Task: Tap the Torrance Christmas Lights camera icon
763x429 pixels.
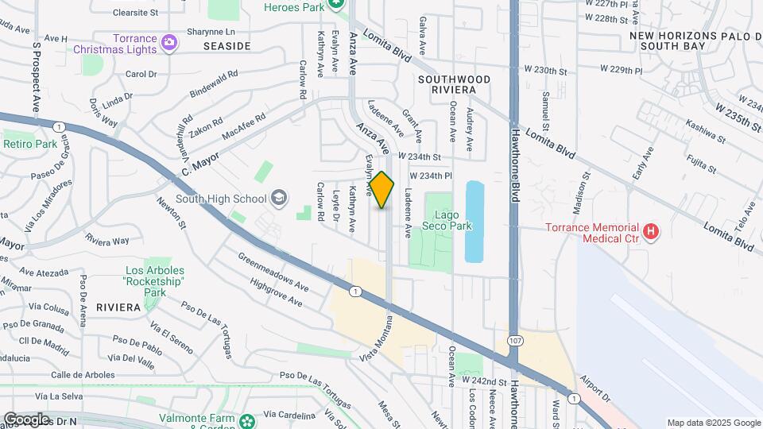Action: click(x=168, y=41)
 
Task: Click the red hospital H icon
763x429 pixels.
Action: click(x=651, y=232)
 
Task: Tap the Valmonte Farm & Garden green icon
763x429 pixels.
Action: click(x=248, y=420)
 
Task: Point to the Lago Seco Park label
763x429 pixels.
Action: click(x=452, y=220)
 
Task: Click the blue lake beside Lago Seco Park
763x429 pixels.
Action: click(x=474, y=222)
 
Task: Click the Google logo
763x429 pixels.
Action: click(x=26, y=419)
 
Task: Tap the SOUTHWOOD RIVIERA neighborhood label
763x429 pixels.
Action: click(x=454, y=85)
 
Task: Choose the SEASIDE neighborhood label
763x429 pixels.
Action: click(x=227, y=46)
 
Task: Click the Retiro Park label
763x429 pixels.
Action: click(x=30, y=144)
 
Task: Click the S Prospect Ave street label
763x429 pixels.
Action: click(x=37, y=77)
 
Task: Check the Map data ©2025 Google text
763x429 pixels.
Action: click(x=713, y=423)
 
